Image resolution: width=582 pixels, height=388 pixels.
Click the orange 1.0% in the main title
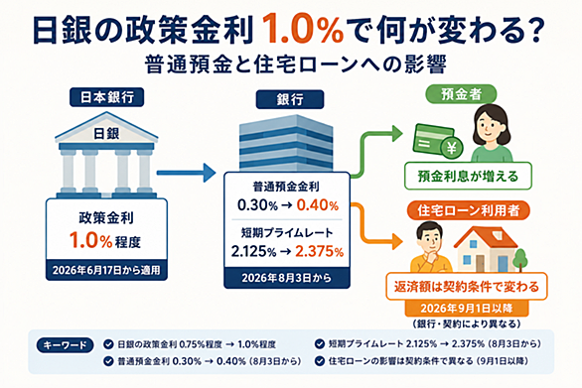click(303, 31)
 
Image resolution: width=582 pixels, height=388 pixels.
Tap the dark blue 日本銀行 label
click(107, 97)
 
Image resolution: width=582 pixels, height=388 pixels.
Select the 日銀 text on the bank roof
click(106, 134)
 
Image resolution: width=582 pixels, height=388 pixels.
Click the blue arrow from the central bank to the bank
click(186, 173)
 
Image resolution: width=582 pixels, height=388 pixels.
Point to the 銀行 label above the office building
click(290, 99)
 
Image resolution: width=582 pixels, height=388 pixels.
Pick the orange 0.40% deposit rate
click(318, 205)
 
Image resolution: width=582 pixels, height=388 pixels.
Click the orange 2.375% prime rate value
click(319, 251)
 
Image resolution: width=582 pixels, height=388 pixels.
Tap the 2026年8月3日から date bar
click(287, 278)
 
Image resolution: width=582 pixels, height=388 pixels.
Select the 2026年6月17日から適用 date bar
click(106, 270)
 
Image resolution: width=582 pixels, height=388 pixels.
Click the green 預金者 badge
click(461, 94)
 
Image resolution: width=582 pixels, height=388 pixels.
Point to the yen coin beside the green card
click(451, 148)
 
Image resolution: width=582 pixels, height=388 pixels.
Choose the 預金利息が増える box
click(468, 176)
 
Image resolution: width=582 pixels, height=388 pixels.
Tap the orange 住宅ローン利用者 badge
click(469, 210)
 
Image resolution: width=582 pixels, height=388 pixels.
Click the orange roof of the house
click(486, 236)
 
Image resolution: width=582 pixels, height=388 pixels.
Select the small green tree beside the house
click(521, 259)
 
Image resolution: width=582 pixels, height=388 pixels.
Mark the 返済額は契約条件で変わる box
click(467, 287)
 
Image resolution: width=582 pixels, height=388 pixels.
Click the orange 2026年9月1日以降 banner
click(467, 308)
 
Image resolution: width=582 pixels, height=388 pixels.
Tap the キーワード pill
click(65, 345)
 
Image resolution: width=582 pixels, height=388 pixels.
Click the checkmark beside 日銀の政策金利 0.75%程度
click(108, 344)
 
